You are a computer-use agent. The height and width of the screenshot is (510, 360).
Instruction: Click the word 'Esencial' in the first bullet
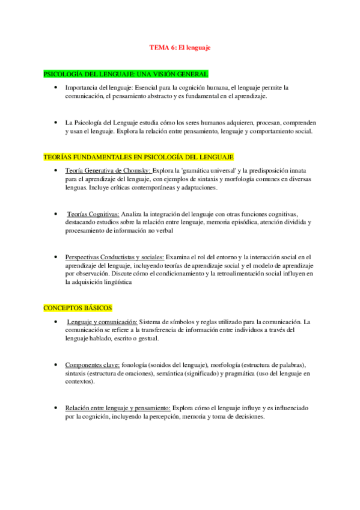click(x=147, y=88)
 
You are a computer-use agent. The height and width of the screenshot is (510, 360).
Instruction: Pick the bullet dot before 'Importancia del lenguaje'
click(x=55, y=88)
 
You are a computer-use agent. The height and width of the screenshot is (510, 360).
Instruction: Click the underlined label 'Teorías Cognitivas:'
click(x=93, y=214)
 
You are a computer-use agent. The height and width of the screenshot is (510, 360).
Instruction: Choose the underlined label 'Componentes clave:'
click(x=92, y=365)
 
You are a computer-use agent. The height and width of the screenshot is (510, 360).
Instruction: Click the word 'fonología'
click(x=135, y=365)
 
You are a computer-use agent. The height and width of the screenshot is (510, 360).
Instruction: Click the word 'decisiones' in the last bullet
click(x=249, y=417)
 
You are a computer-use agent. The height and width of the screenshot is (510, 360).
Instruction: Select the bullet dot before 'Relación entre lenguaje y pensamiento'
click(x=55, y=408)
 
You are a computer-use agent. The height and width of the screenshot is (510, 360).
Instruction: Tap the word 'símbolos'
click(x=184, y=322)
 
